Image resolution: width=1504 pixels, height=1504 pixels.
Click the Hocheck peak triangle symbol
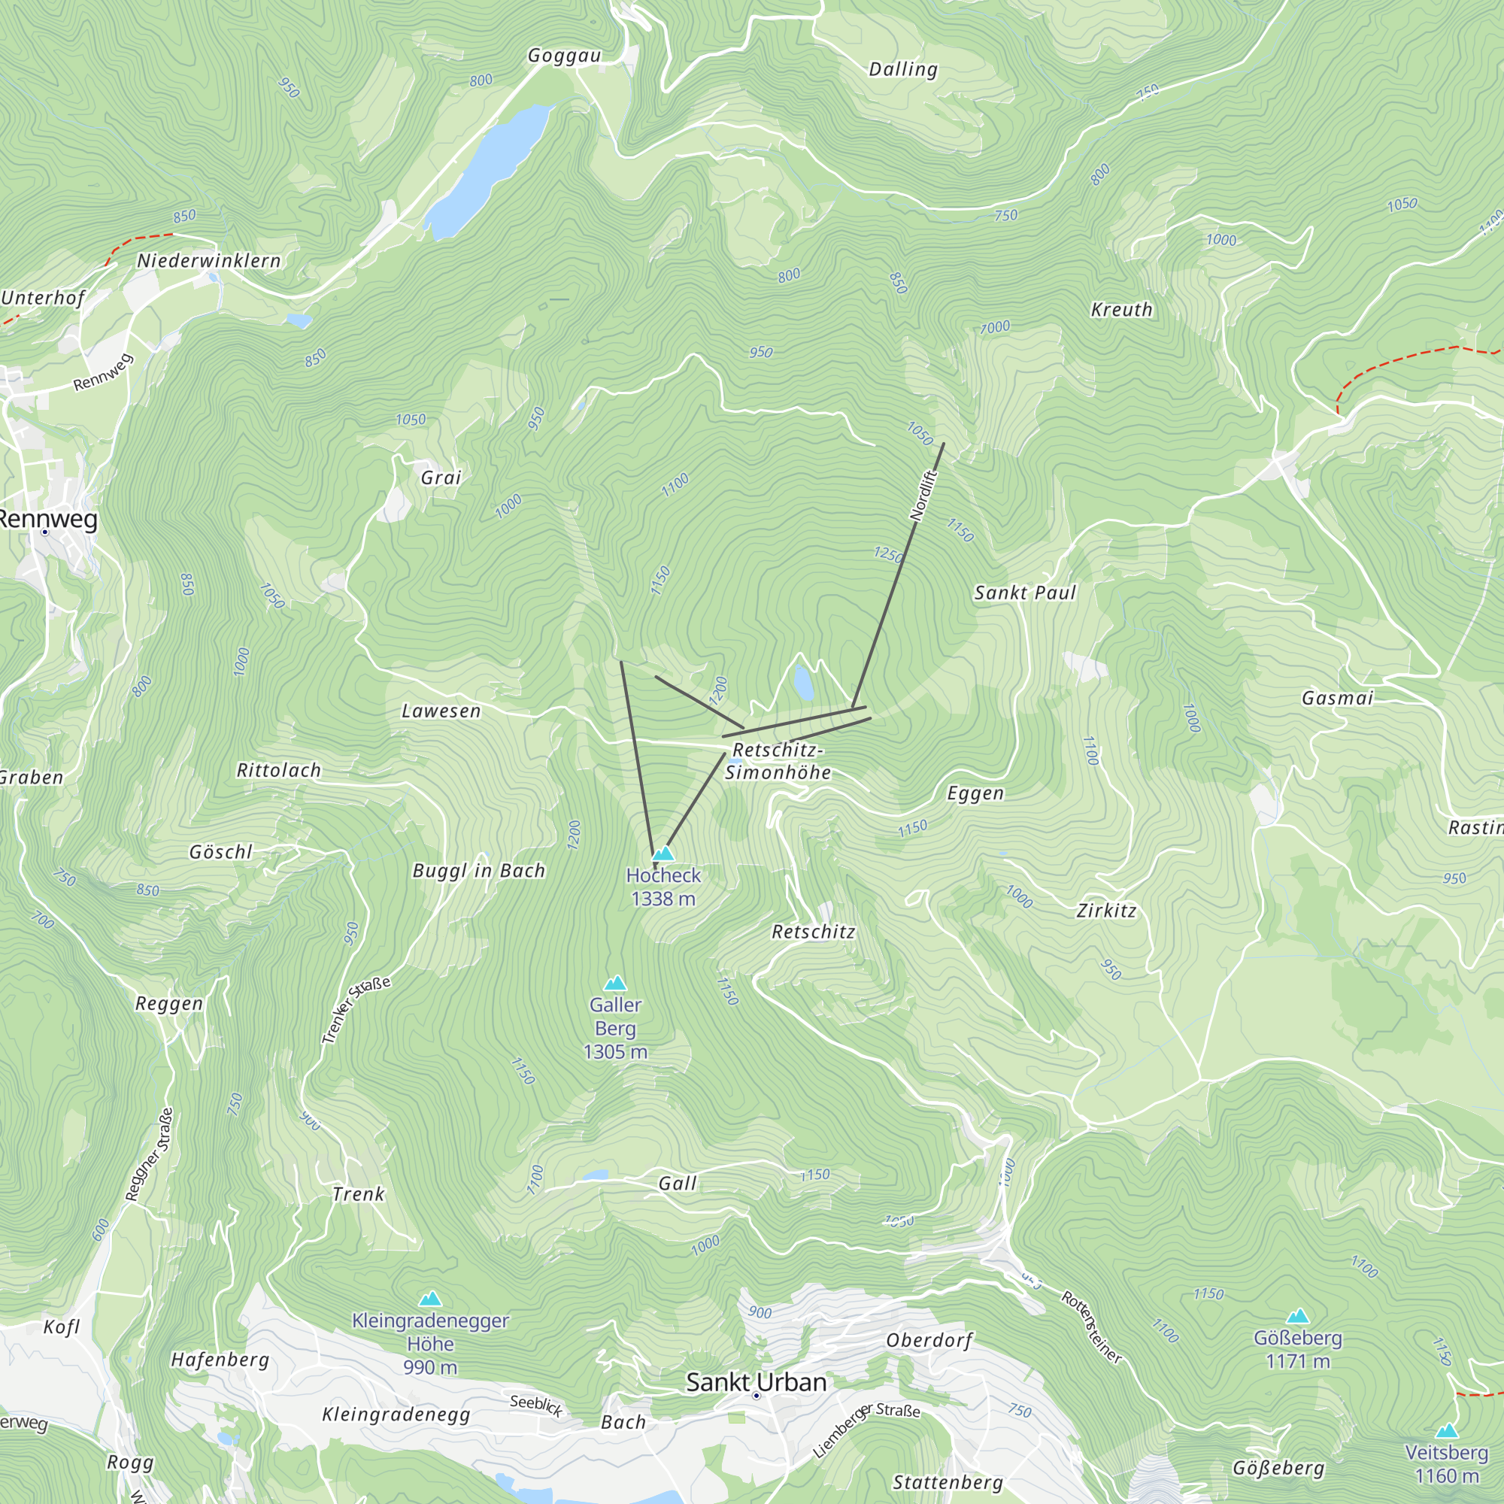(663, 854)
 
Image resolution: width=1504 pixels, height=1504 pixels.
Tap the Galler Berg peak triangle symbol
(615, 983)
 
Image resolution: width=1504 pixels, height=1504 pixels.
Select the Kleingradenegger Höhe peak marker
(430, 1299)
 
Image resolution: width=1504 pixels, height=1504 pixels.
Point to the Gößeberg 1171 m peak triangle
(1297, 1317)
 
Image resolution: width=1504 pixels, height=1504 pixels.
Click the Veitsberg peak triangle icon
(1446, 1431)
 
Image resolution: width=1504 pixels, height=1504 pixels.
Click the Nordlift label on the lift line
(924, 495)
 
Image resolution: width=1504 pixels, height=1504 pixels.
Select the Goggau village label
(565, 55)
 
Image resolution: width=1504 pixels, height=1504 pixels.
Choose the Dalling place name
(903, 69)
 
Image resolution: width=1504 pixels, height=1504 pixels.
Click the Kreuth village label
(1121, 310)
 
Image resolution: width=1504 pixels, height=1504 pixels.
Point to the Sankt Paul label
(1024, 593)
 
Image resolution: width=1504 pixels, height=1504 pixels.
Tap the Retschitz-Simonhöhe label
(778, 761)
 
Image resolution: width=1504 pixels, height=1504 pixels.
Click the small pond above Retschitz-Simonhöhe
(803, 684)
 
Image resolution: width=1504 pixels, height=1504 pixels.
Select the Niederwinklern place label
(208, 261)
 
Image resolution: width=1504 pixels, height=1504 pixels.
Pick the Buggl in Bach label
(479, 870)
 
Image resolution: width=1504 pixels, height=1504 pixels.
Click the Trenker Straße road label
(355, 1010)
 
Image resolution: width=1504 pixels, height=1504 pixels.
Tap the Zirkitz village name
(1106, 911)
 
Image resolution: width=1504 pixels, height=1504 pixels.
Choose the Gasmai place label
(1337, 699)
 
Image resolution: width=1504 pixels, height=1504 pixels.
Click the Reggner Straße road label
(149, 1154)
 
